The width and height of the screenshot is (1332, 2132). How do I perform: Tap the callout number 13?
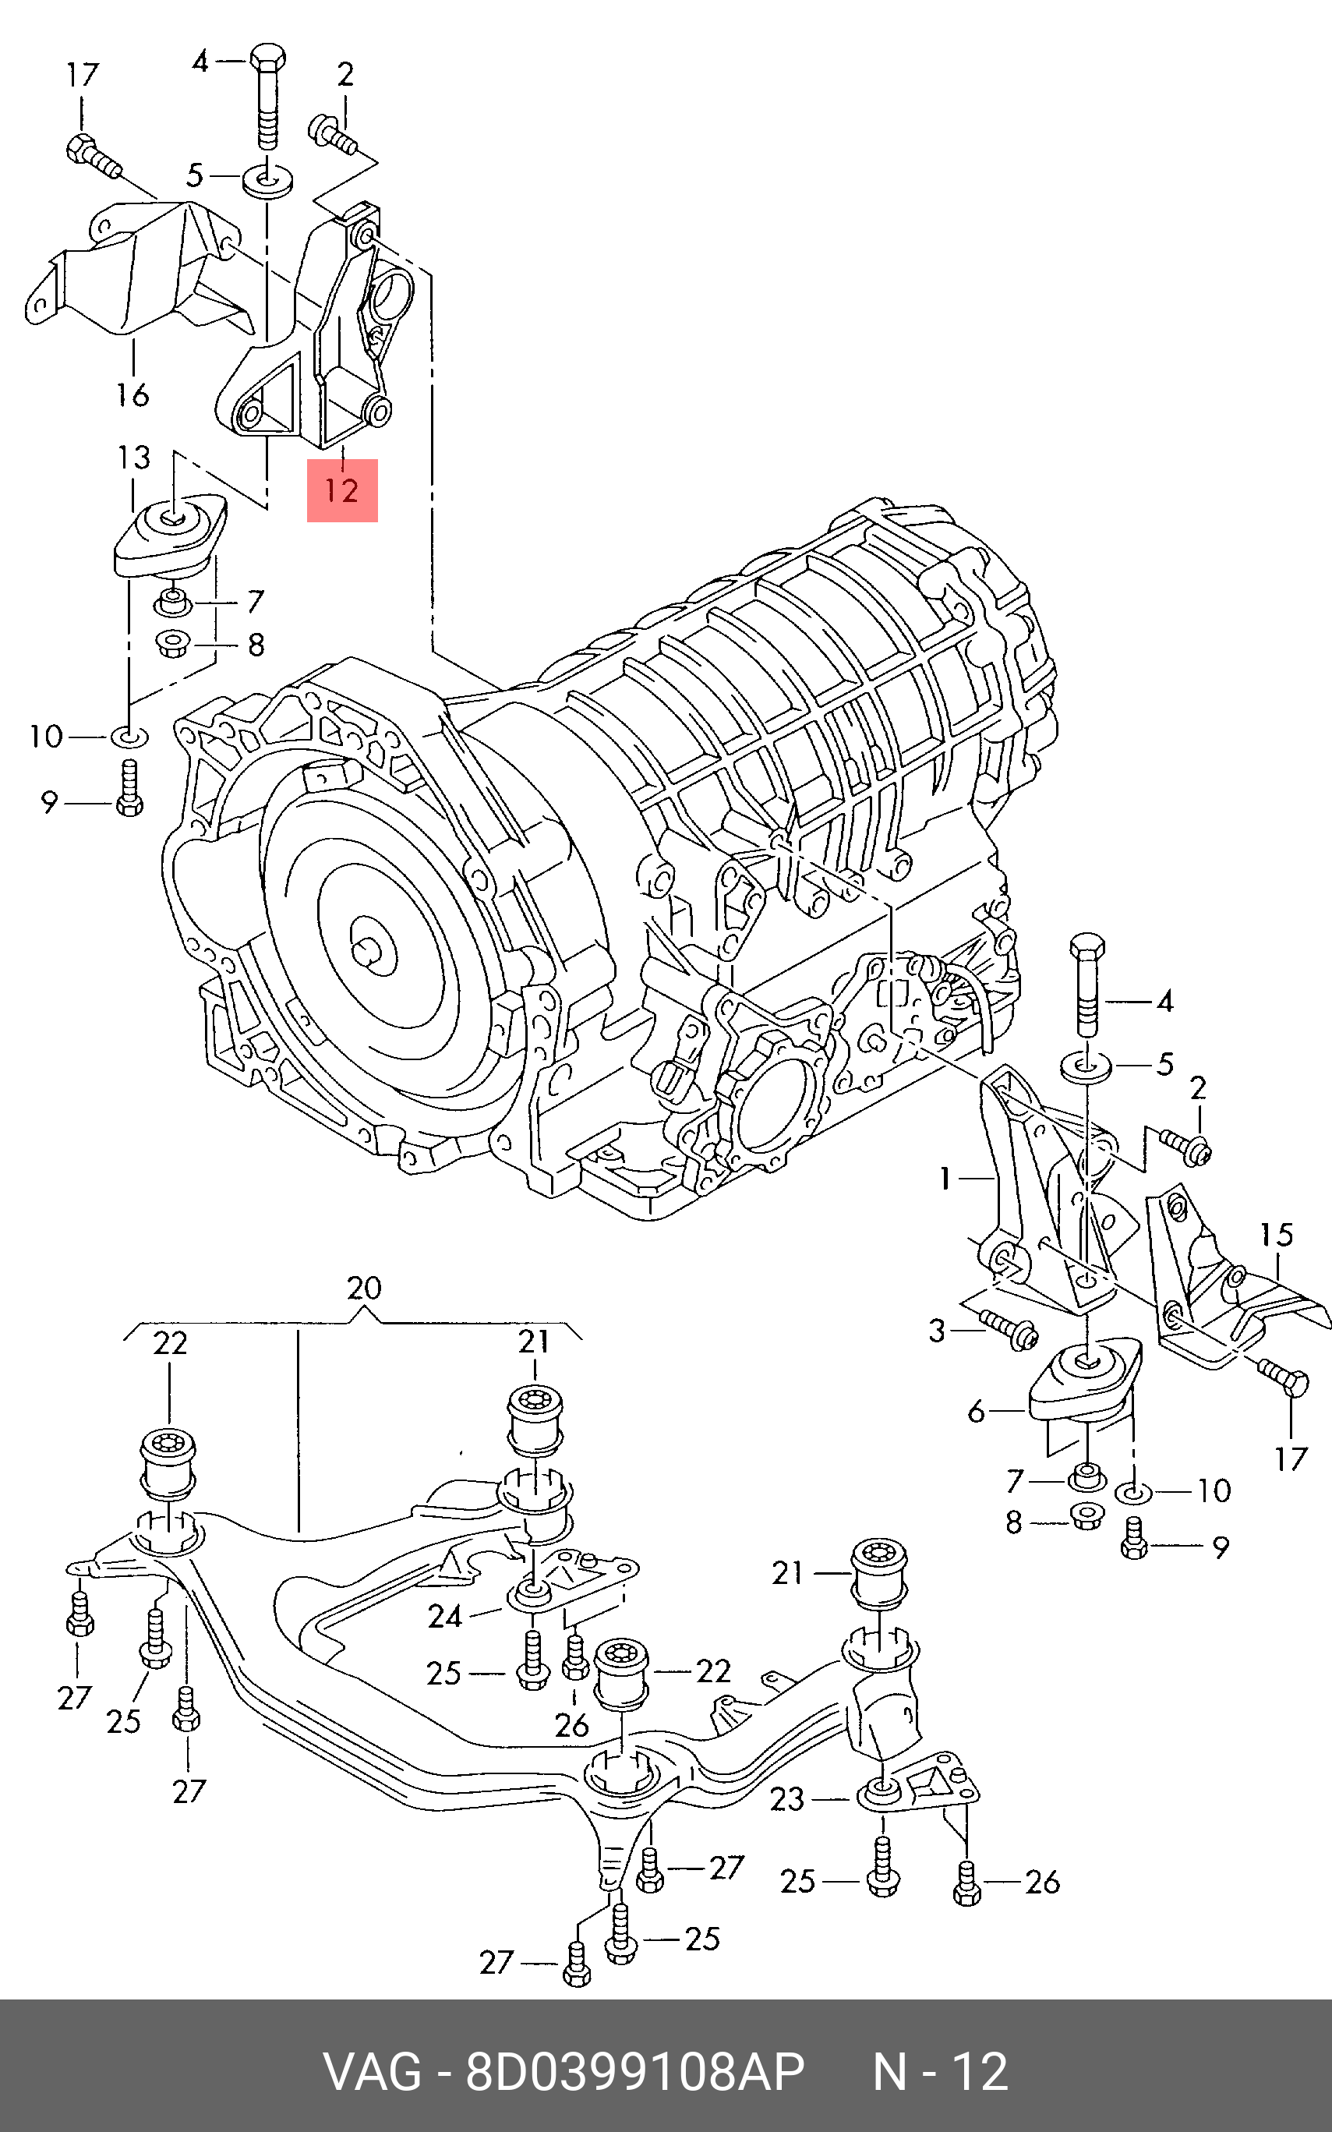134,458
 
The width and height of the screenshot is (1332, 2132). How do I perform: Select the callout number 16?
132,394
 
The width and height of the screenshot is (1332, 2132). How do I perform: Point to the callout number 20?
364,1288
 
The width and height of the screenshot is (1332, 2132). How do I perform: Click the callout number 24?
445,1617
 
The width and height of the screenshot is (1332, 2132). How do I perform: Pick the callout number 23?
786,1799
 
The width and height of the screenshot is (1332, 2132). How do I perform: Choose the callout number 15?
1276,1234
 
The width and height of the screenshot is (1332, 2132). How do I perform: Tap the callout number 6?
976,1412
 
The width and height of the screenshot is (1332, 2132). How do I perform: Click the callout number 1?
945,1178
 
